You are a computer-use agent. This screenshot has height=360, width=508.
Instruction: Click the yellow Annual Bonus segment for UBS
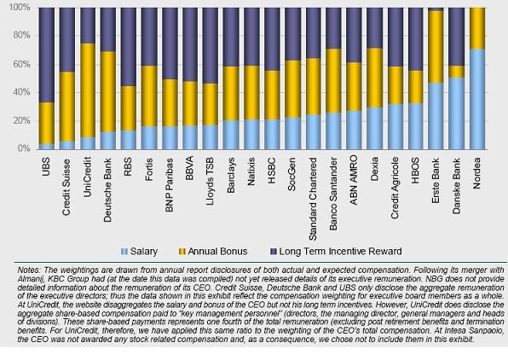coord(46,123)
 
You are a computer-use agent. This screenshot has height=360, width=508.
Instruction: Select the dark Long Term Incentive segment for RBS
coord(129,47)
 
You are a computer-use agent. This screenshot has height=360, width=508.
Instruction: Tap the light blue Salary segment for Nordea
coord(477,99)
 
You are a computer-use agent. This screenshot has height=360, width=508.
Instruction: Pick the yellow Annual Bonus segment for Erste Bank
coord(436,47)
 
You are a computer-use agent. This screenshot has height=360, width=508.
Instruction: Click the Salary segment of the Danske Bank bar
coord(457,113)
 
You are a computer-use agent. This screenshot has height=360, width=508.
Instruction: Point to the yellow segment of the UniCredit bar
coord(88,90)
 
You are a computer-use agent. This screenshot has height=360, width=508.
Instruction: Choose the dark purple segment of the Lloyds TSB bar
coord(211,46)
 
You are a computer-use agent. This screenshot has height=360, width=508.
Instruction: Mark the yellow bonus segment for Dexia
coord(374,78)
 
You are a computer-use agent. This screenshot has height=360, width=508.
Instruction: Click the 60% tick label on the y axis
coord(21,64)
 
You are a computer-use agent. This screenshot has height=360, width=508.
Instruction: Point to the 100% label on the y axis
coord(20,7)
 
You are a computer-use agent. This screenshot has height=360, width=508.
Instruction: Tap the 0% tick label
coord(23,149)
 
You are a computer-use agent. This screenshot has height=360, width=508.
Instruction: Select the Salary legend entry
coord(139,252)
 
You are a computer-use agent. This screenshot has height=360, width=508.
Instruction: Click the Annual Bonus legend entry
coord(213,252)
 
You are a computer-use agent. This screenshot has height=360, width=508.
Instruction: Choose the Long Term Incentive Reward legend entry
coord(336,252)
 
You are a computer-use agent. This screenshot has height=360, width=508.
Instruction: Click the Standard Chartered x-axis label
coord(313,199)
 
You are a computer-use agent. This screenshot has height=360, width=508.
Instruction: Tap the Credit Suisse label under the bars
coord(66,187)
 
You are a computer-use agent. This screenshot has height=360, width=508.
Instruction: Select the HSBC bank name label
coord(272,171)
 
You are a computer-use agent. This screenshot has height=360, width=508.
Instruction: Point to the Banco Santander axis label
coord(333,194)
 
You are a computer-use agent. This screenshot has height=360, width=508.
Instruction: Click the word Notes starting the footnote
coord(29,270)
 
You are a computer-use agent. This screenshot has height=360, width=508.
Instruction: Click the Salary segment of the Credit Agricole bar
coord(395,127)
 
